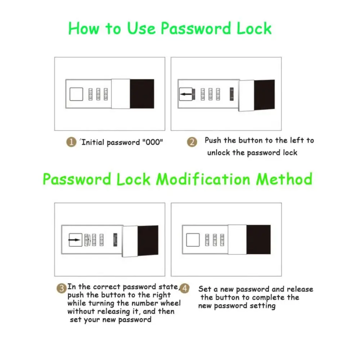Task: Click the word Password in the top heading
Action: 196,29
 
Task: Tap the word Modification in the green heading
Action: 203,179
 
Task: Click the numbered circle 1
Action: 71,142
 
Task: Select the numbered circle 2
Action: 192,142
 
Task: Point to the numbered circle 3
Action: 62,288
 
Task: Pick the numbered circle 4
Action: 185,288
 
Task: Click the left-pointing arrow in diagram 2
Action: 186,94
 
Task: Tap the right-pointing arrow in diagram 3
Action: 75,240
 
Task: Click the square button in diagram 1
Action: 76,94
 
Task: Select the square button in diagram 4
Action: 193,240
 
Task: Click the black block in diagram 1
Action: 142,94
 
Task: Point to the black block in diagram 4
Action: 258,240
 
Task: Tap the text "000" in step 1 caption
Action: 152,142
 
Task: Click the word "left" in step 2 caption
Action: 297,140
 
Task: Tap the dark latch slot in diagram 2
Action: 231,94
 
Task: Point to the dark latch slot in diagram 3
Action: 115,240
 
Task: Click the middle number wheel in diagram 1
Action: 98,94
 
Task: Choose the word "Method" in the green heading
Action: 284,179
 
